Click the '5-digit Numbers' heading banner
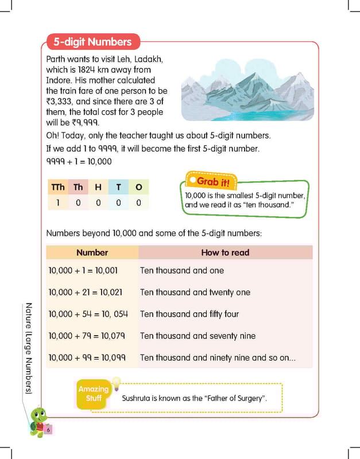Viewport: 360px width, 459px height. [92, 42]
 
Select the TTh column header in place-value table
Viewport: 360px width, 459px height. [58, 187]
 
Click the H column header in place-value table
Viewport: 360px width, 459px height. [98, 187]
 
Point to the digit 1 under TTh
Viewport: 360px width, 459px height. [58, 203]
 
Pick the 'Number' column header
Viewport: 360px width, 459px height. [92, 252]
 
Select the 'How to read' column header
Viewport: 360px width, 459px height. [225, 252]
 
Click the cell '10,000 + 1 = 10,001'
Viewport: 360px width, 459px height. [83, 270]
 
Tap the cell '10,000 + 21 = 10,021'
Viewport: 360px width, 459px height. [86, 292]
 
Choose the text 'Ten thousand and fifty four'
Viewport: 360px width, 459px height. [189, 314]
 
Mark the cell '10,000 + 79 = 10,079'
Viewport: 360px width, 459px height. [87, 336]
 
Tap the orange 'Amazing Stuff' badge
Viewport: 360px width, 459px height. [93, 394]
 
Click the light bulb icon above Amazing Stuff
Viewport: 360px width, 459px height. [115, 381]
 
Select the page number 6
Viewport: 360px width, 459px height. [49, 430]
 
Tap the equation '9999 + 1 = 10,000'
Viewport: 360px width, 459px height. [79, 162]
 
